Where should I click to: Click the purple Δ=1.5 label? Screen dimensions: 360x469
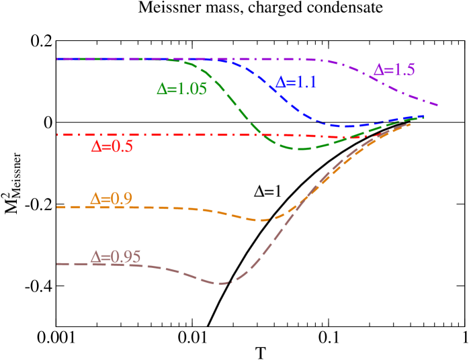coord(394,69)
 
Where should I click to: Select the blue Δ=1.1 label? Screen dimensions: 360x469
coord(296,83)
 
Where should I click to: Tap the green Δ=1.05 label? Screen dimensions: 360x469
coord(181,89)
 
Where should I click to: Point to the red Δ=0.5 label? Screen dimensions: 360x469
coord(112,146)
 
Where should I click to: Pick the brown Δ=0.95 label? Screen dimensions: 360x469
coord(116,257)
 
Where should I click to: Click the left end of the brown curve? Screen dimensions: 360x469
coord(58,264)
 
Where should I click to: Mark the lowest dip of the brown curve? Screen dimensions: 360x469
coord(220,283)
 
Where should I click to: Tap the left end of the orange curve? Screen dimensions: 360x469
coord(58,208)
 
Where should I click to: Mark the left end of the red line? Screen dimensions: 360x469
coord(58,135)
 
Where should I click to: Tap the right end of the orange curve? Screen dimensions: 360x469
coord(411,124)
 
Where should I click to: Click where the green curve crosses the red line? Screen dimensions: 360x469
coord(263,135)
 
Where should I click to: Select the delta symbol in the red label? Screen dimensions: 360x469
coord(95,146)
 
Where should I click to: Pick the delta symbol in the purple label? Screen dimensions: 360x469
coord(378,69)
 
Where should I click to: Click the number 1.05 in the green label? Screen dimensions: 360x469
coord(191,89)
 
